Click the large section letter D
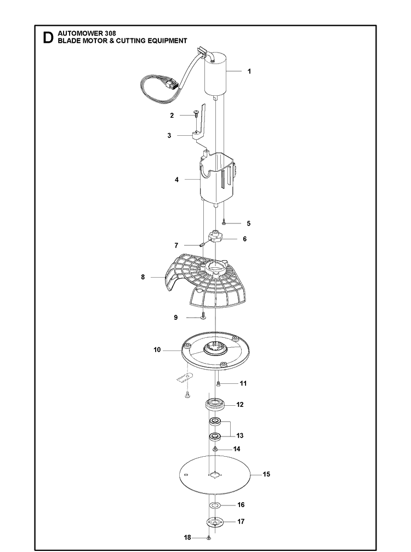pos(48,38)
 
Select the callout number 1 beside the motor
pos(249,71)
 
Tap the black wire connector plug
pos(172,85)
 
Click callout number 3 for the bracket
pos(169,136)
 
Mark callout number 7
pos(176,245)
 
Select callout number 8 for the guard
pos(142,277)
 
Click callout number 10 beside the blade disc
pos(157,349)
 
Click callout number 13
pos(240,435)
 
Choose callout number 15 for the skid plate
pos(266,474)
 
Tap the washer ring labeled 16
pos(214,505)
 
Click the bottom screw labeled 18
pos(208,538)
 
